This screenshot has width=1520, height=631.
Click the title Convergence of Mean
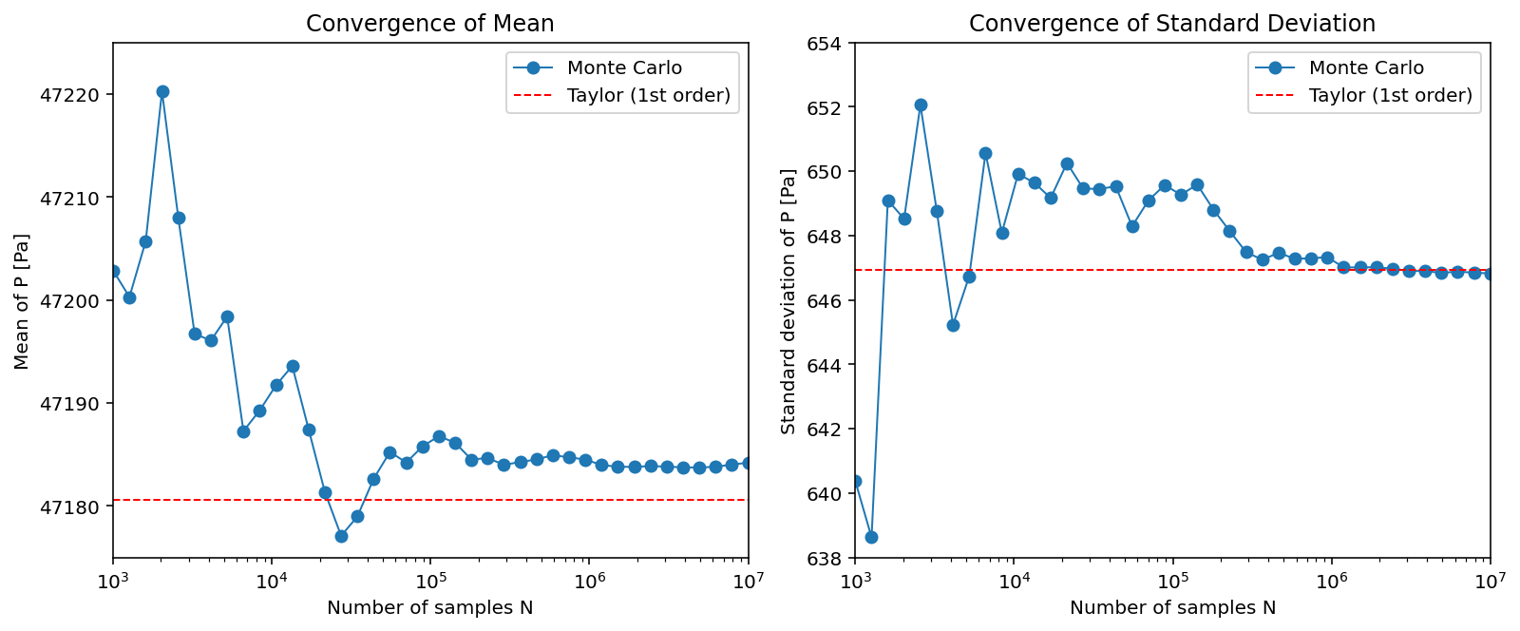point(429,24)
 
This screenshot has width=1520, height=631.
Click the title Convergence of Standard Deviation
point(1171,24)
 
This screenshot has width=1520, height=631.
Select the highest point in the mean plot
point(162,92)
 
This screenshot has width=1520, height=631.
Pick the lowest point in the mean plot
point(341,536)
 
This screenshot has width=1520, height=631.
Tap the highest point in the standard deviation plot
point(921,105)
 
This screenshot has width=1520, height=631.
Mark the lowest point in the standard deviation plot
point(871,537)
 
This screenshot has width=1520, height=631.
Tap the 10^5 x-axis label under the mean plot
point(430,581)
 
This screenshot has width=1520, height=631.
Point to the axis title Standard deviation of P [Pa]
point(788,300)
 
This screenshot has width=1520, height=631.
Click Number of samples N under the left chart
point(429,608)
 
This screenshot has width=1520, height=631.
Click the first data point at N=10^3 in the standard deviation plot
point(855,481)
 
